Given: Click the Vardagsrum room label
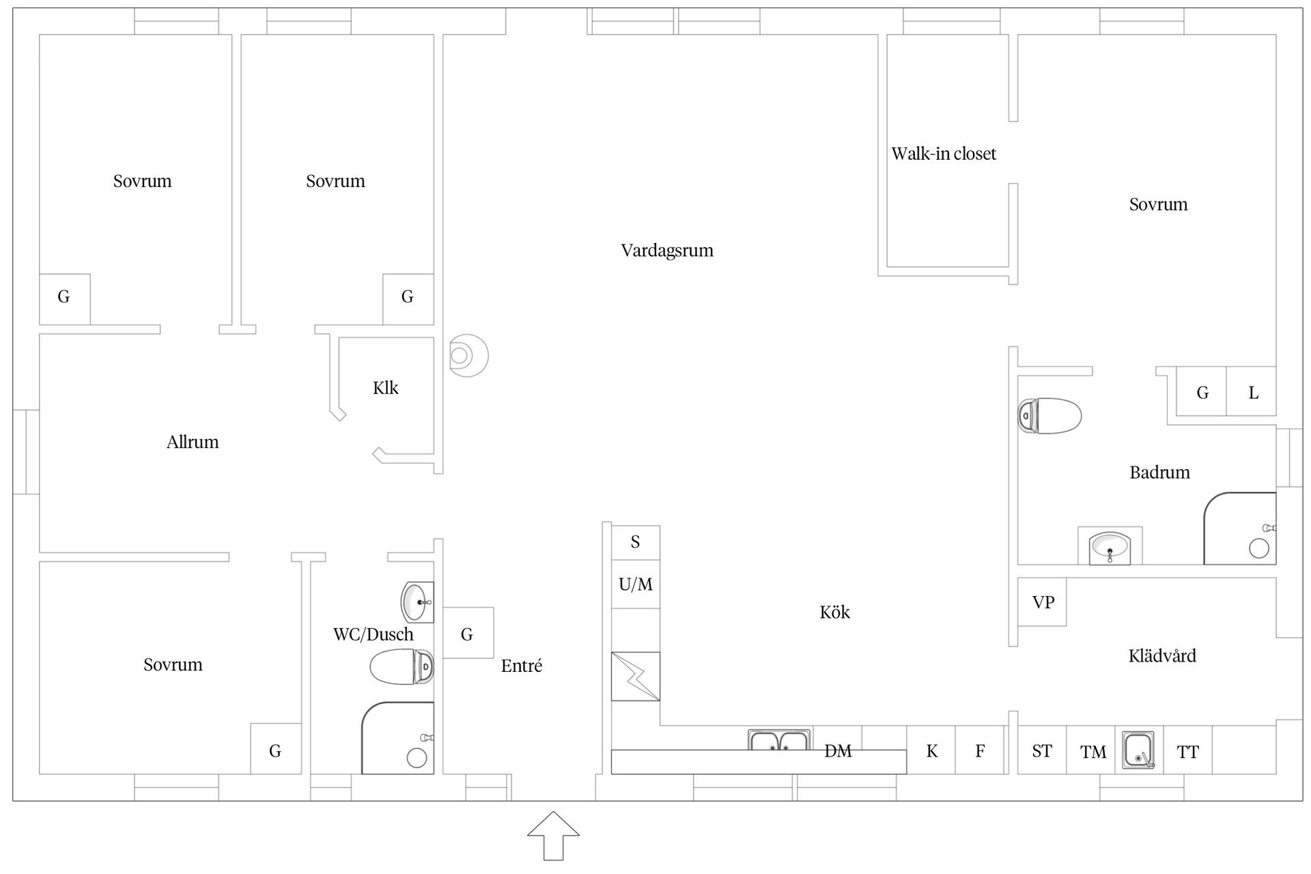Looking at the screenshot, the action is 667,251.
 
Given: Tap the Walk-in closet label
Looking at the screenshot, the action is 944,154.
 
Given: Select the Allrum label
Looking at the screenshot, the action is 193,442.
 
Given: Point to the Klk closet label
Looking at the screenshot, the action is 386,388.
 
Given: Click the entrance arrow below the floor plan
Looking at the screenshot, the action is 553,836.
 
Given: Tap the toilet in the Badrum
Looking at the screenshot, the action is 1049,416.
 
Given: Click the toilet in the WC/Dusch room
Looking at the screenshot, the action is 402,666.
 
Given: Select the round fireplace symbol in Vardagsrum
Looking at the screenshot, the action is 468,356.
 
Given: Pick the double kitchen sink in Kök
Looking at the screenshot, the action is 779,740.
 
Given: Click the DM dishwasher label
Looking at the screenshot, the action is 838,751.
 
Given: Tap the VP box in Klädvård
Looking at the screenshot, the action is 1042,602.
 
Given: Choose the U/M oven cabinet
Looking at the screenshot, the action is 636,584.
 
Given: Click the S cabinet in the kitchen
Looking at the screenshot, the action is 636,542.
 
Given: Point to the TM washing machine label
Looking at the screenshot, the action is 1093,752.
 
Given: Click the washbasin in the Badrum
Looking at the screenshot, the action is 1110,548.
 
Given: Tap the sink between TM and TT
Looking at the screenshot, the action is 1139,750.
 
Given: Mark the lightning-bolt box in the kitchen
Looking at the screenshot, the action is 636,676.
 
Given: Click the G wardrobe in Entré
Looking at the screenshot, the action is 468,633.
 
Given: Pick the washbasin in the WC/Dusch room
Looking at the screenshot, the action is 417,602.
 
